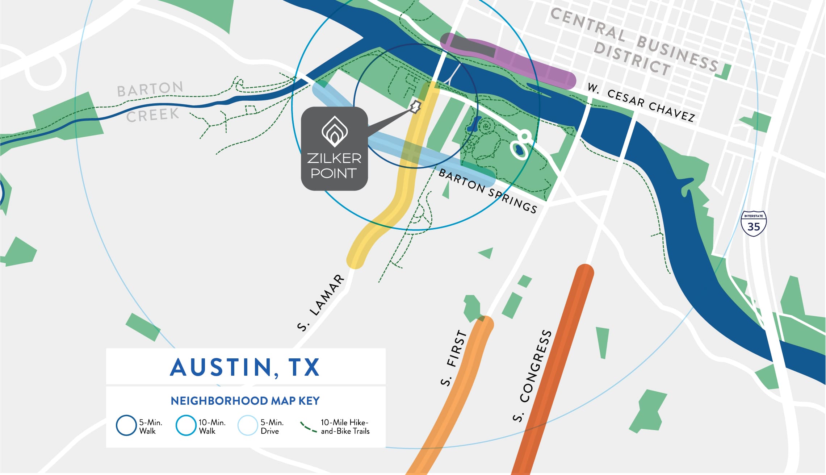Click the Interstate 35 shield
point(754,224)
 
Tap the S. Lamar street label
point(320,303)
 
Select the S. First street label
point(454,358)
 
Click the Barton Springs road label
point(487,191)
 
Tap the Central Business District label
point(634,43)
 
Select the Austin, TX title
point(245,367)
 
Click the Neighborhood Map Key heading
point(245,401)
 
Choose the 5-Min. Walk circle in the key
point(126,425)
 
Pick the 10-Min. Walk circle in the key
point(186,425)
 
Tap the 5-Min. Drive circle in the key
point(248,425)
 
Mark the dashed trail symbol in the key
point(309,427)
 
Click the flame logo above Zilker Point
point(335,131)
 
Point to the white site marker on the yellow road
point(415,107)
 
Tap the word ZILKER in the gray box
point(334,158)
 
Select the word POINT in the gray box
point(334,173)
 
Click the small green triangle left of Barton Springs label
point(446,191)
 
